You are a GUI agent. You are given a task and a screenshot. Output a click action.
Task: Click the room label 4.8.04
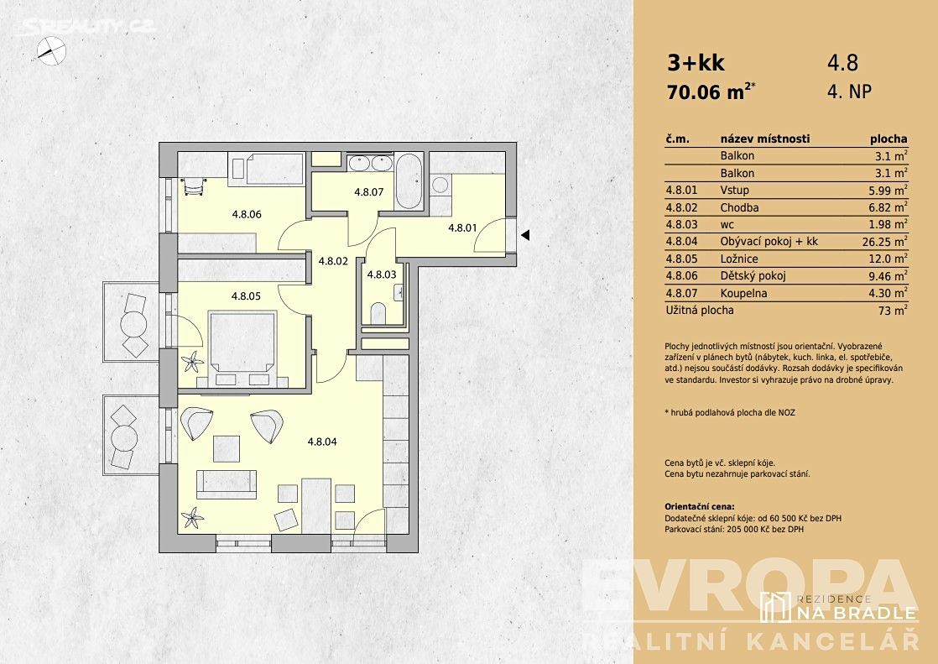click(322, 442)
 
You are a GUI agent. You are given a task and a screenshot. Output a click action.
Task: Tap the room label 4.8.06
click(247, 214)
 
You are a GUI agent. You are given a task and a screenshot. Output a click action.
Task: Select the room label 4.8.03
click(382, 274)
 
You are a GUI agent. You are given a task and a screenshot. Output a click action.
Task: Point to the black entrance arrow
click(525, 235)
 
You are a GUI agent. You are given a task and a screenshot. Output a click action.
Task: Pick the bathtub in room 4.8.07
click(409, 181)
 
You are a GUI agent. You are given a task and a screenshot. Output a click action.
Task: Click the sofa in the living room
click(227, 484)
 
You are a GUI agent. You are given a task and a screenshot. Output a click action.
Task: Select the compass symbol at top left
click(51, 50)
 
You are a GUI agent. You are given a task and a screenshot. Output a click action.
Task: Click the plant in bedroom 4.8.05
click(193, 362)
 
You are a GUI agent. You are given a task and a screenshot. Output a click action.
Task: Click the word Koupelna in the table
click(743, 293)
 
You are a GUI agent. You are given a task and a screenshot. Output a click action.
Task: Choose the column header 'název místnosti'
click(765, 139)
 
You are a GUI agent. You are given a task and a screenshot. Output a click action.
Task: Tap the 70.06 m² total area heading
click(711, 92)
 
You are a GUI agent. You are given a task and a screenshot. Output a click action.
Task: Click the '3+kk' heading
click(696, 62)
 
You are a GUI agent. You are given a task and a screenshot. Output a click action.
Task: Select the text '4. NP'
click(849, 91)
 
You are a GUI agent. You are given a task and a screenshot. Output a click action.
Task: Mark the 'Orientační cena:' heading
click(700, 506)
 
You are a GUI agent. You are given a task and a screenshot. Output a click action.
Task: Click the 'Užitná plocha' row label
click(700, 310)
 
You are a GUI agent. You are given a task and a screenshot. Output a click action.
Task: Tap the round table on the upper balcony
click(133, 325)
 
